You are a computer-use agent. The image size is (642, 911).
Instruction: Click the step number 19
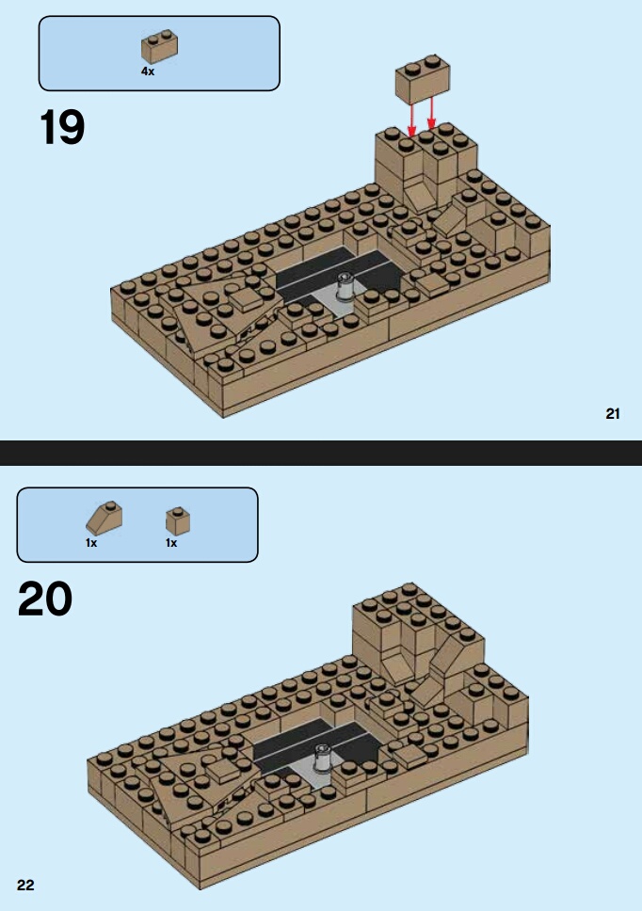click(62, 128)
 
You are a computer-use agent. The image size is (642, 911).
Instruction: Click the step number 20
click(45, 599)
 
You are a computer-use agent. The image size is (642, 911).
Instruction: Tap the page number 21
click(613, 414)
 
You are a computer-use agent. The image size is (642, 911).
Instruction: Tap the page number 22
click(25, 885)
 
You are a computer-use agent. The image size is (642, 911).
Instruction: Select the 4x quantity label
click(148, 72)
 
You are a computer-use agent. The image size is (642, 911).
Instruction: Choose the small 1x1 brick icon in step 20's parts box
click(179, 520)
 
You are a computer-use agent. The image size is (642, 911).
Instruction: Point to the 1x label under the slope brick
click(91, 543)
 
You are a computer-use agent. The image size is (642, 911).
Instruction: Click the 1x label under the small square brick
click(171, 543)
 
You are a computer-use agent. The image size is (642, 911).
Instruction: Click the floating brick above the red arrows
click(423, 80)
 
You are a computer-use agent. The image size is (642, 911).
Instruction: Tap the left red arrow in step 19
click(412, 120)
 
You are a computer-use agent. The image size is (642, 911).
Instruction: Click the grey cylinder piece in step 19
click(345, 286)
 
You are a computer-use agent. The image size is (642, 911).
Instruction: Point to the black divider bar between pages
click(321, 453)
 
